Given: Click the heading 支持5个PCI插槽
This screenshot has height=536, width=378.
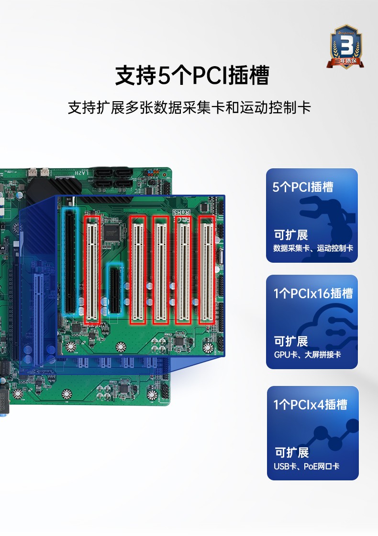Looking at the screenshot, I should [x=192, y=76].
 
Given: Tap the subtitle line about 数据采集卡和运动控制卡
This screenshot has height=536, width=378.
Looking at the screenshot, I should [x=189, y=107].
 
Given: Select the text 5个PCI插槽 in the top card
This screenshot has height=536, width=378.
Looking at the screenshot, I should [x=303, y=187].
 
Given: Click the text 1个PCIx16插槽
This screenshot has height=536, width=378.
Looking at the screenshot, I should [x=313, y=293].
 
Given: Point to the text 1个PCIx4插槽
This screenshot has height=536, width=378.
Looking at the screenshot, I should [x=310, y=405].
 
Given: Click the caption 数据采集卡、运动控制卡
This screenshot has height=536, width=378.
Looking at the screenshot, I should [x=313, y=248].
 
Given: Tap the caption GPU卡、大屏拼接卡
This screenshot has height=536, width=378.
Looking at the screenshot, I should [x=307, y=355].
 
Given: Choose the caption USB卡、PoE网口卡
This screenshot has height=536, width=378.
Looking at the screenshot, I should [x=307, y=466].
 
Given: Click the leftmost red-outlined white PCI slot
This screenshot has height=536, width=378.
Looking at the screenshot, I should [x=92, y=270].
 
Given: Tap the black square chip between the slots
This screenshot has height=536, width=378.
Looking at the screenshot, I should [x=111, y=233].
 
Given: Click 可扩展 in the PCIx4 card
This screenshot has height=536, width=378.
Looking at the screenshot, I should [x=291, y=453].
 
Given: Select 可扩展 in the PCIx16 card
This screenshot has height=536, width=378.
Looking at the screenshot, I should [x=291, y=341].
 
